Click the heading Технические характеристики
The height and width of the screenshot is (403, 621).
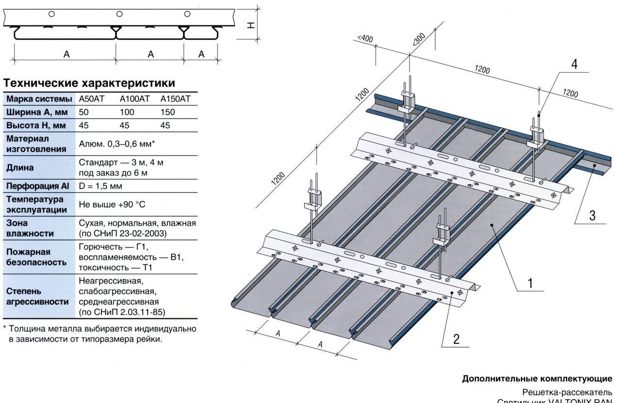click(x=89, y=83)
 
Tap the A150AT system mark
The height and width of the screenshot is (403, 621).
click(x=175, y=99)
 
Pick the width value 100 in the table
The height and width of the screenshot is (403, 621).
click(x=127, y=112)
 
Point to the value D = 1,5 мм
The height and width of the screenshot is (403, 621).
click(x=100, y=186)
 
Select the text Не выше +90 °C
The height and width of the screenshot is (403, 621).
click(x=112, y=204)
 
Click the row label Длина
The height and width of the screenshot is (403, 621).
click(x=20, y=168)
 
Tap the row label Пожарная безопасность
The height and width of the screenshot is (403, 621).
click(x=36, y=257)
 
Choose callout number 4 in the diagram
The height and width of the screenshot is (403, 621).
click(x=574, y=65)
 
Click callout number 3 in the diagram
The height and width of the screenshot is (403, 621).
click(x=592, y=215)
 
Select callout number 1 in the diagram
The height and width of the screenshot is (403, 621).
click(x=530, y=283)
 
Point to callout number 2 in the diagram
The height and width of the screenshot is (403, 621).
click(x=456, y=339)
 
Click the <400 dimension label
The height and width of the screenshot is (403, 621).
click(x=365, y=38)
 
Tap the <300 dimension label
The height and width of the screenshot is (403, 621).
click(x=418, y=39)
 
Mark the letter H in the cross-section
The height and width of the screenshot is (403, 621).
click(x=251, y=25)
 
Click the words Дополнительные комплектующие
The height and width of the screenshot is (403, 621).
click(x=537, y=379)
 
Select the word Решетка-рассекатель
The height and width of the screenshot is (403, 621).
click(x=567, y=392)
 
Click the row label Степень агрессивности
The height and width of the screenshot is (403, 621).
click(x=37, y=296)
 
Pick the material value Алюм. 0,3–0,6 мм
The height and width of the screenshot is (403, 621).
click(x=116, y=144)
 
